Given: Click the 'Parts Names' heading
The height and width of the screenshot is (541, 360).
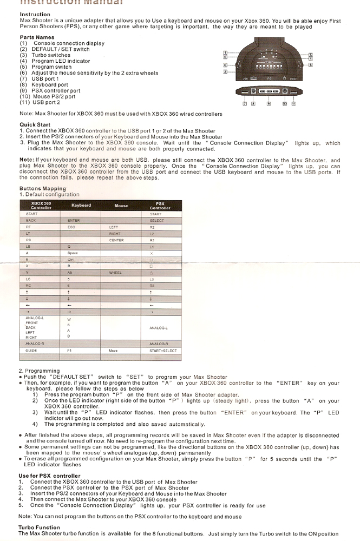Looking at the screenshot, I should pos(36,37).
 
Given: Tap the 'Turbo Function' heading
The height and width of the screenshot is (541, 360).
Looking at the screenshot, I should pos(39,527).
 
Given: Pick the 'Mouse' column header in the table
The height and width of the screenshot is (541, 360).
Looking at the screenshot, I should pos(121,206).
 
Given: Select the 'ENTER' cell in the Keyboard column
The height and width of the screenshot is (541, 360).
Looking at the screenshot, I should pos(74,221).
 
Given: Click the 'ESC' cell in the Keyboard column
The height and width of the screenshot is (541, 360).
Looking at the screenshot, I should pos(71,227).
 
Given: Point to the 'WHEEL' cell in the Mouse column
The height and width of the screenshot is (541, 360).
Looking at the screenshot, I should pos(115,273).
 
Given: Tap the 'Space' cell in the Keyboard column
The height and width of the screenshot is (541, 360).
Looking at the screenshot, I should pos(73,253).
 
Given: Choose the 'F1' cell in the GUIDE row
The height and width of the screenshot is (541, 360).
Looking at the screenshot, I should pos(70,351).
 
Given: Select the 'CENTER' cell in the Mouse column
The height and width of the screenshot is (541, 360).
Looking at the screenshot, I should pos(116,240).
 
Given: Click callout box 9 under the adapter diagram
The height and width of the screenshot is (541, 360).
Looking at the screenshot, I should pos(269,103).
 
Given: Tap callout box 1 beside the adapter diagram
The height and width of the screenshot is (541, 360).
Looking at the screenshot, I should pos(225,53).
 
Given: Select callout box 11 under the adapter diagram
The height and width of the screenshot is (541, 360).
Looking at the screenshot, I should pos(293,103).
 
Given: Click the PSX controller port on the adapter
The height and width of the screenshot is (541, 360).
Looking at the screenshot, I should pos(269,92).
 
